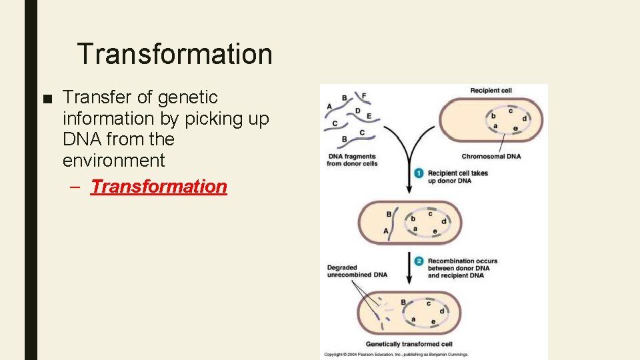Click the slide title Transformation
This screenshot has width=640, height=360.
pyautogui.click(x=175, y=54)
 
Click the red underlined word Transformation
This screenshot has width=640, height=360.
pyautogui.click(x=159, y=186)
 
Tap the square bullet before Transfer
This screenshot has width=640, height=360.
pyautogui.click(x=45, y=98)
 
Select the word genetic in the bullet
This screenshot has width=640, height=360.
pyautogui.click(x=188, y=97)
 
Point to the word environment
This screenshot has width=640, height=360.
pyautogui.click(x=113, y=160)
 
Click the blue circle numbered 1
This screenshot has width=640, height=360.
pyautogui.click(x=419, y=173)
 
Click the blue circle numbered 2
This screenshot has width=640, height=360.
pyautogui.click(x=419, y=261)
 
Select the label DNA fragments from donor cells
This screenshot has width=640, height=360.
pyautogui.click(x=352, y=160)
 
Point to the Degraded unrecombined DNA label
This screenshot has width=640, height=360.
pyautogui.click(x=357, y=271)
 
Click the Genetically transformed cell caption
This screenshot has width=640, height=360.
pyautogui.click(x=409, y=345)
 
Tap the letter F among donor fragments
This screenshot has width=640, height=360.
pyautogui.click(x=364, y=96)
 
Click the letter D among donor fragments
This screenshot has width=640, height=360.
pyautogui.click(x=358, y=111)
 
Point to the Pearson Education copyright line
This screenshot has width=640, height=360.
pyautogui.click(x=396, y=355)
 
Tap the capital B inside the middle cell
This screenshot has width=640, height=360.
pyautogui.click(x=389, y=214)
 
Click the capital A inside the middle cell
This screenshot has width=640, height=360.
pyautogui.click(x=386, y=231)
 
